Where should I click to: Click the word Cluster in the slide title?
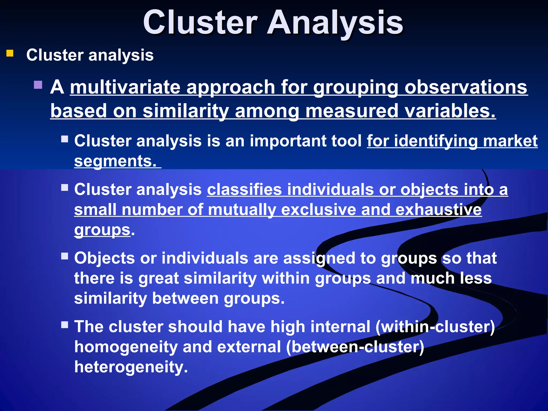click(200, 22)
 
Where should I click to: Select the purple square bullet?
click(38, 85)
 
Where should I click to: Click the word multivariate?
click(125, 87)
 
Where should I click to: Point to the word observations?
click(466, 87)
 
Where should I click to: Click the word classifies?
click(244, 190)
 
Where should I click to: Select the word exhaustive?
click(439, 210)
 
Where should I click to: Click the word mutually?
click(242, 210)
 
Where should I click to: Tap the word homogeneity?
click(126, 347)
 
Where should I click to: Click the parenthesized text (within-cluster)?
click(435, 327)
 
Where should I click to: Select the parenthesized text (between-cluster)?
click(355, 347)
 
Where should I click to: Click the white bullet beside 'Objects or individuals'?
click(65, 256)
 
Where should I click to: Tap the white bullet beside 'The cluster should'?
click(65, 325)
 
